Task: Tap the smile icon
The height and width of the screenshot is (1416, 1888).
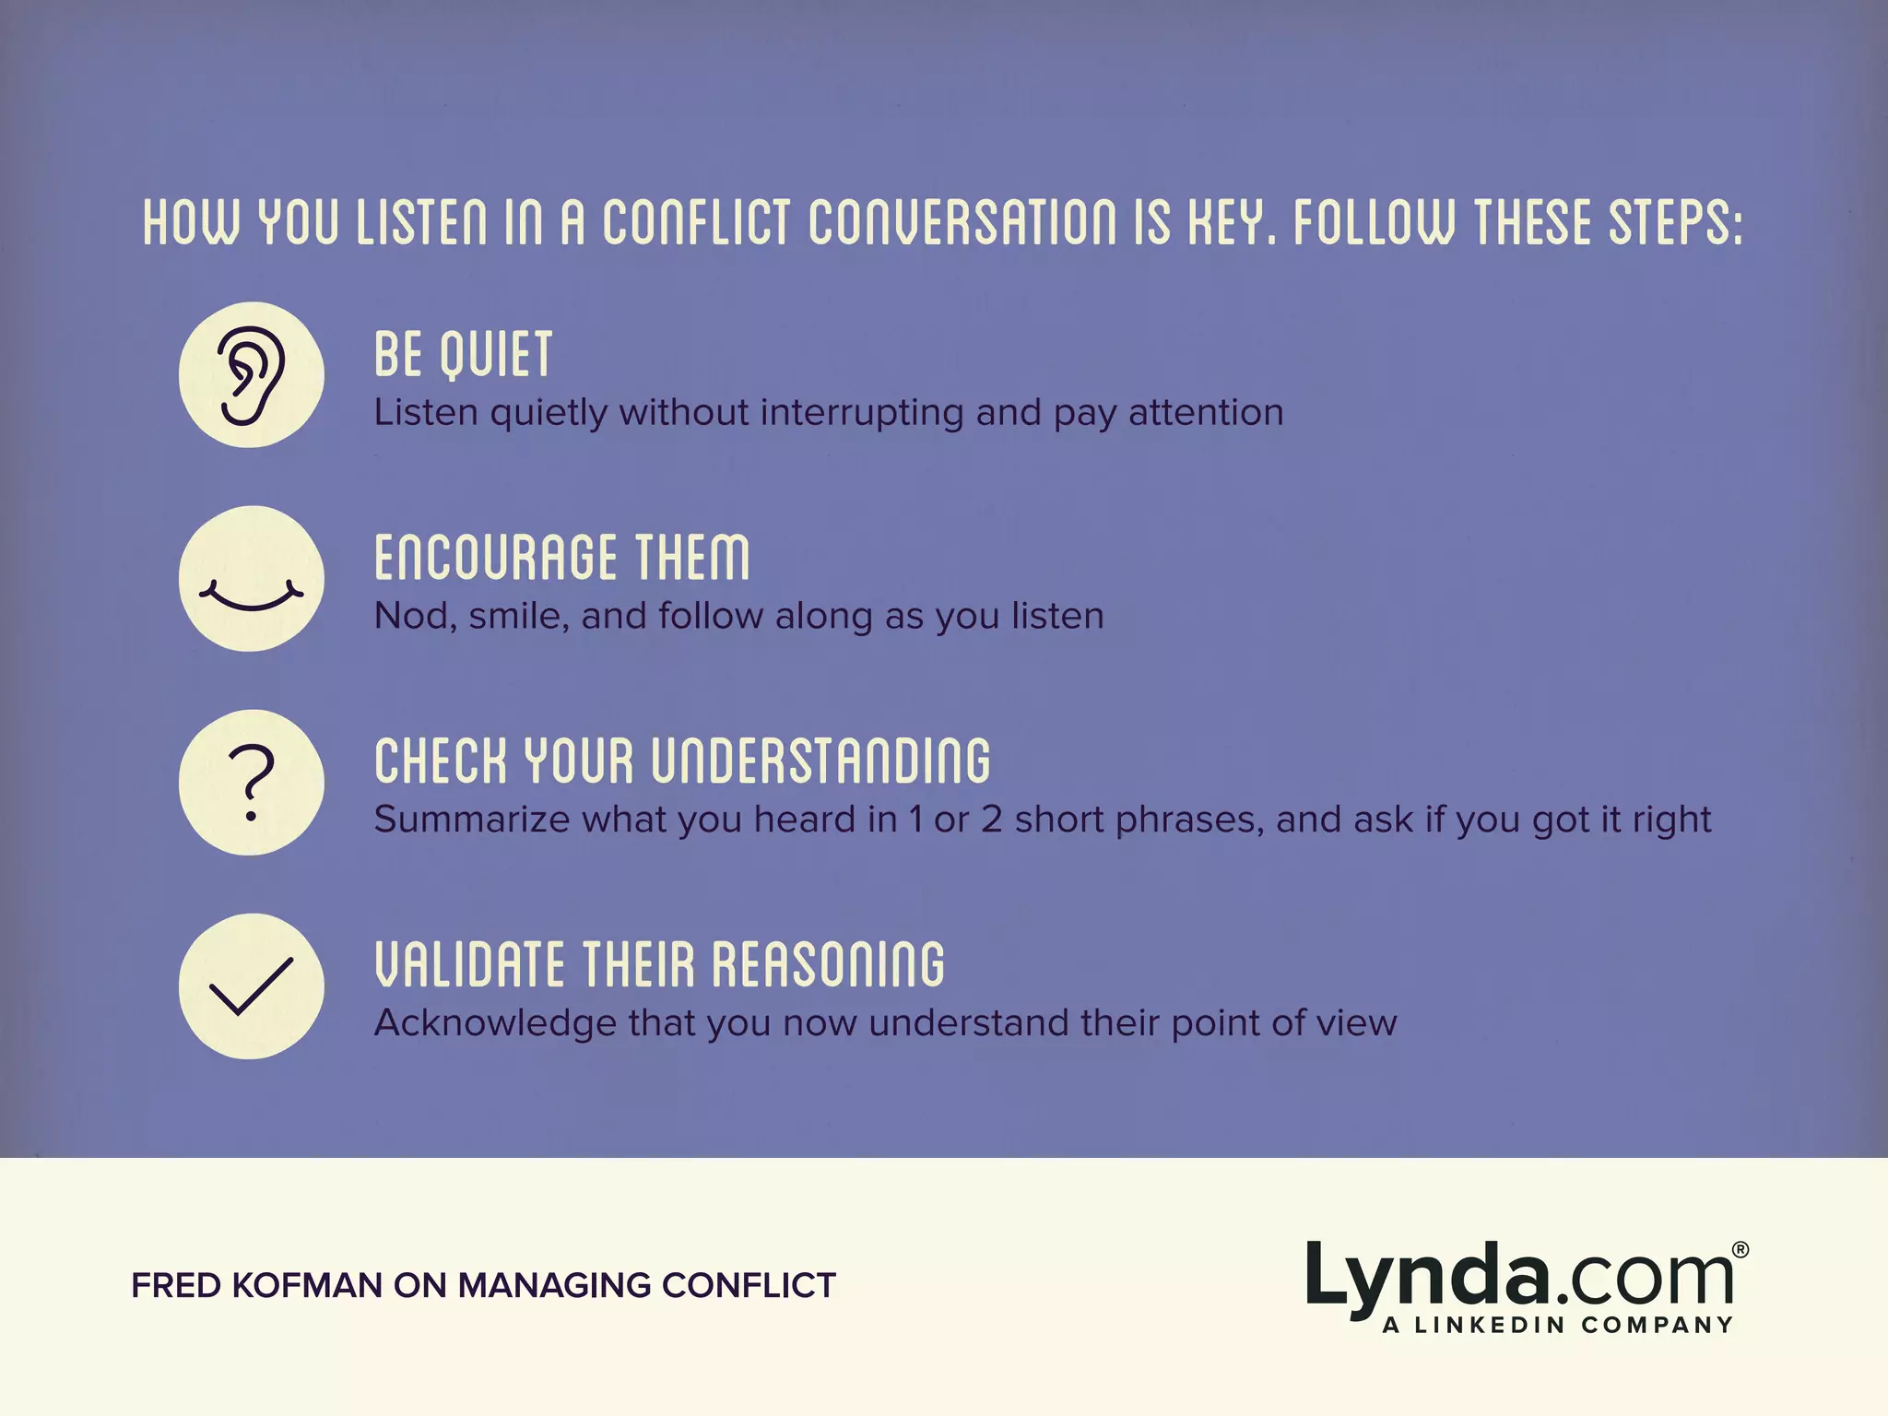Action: pos(251,590)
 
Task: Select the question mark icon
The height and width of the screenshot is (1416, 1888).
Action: pos(251,783)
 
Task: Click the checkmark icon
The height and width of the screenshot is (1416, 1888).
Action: pos(251,986)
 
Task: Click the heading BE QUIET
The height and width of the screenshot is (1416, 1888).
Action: pos(463,355)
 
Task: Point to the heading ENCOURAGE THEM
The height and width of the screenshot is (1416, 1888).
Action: pos(561,559)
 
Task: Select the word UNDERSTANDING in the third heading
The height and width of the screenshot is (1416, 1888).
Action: pos(820,762)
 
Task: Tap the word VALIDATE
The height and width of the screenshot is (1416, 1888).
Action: pos(469,965)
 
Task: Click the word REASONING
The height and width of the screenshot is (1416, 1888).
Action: pos(828,965)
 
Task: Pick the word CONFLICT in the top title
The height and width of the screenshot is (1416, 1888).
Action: pos(697,224)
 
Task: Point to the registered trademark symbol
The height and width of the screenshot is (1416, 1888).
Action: pos(1740,1250)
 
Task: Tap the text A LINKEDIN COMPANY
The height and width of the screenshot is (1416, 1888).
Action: pos(1557,1326)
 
